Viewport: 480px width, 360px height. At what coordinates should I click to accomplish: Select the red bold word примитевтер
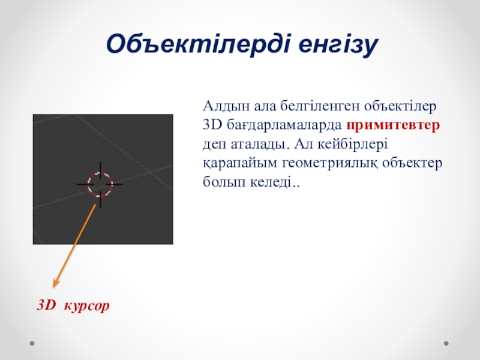393,125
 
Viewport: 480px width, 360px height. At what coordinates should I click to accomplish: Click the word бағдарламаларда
284,125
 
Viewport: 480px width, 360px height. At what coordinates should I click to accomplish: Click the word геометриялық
329,163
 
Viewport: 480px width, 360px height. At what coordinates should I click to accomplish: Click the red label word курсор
86,305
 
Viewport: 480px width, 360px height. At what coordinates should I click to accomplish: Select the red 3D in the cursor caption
47,305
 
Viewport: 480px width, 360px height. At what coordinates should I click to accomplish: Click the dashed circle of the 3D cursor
88,184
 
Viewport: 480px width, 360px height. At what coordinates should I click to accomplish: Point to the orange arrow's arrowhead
55,283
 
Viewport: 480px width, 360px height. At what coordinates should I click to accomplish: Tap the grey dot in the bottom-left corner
32,343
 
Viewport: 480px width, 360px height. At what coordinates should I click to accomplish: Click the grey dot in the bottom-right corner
446,343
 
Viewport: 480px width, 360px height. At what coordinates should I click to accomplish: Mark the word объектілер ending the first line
400,106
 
